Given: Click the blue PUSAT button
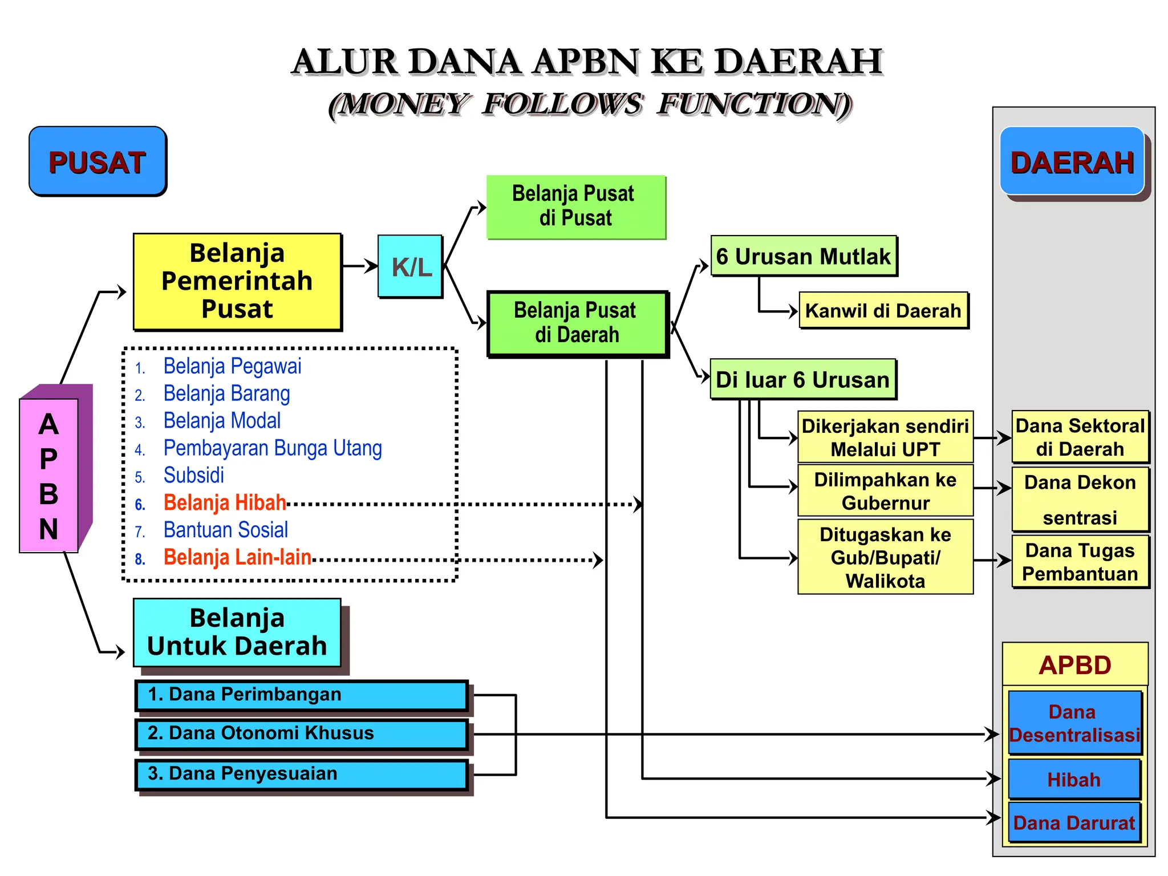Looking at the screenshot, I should [x=98, y=161].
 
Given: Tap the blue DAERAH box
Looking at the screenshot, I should [x=1072, y=162].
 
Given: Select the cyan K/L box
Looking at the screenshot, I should [x=411, y=266].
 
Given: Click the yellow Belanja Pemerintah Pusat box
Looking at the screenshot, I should [x=237, y=281].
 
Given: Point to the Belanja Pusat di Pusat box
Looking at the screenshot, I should [x=575, y=206].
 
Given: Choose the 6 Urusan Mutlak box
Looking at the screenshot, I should [x=803, y=256].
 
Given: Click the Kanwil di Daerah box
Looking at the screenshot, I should [x=883, y=311].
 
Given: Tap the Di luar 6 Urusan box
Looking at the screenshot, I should [x=802, y=379].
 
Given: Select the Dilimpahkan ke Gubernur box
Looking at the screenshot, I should [x=885, y=491].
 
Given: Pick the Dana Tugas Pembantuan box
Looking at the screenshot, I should [x=1080, y=562].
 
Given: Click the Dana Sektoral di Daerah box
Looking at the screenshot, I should [x=1080, y=437].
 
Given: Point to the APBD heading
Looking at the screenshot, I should [x=1075, y=665].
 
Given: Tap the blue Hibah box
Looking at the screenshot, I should [x=1074, y=779].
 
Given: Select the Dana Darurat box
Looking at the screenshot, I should [x=1074, y=823].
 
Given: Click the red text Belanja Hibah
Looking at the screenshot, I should [x=225, y=502].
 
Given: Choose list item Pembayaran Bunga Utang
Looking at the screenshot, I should [x=273, y=448].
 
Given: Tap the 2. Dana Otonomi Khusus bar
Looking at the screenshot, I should [x=301, y=733].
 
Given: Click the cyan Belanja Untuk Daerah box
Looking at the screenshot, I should [x=237, y=632].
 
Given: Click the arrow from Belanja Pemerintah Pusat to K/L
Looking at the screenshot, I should [x=360, y=266].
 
